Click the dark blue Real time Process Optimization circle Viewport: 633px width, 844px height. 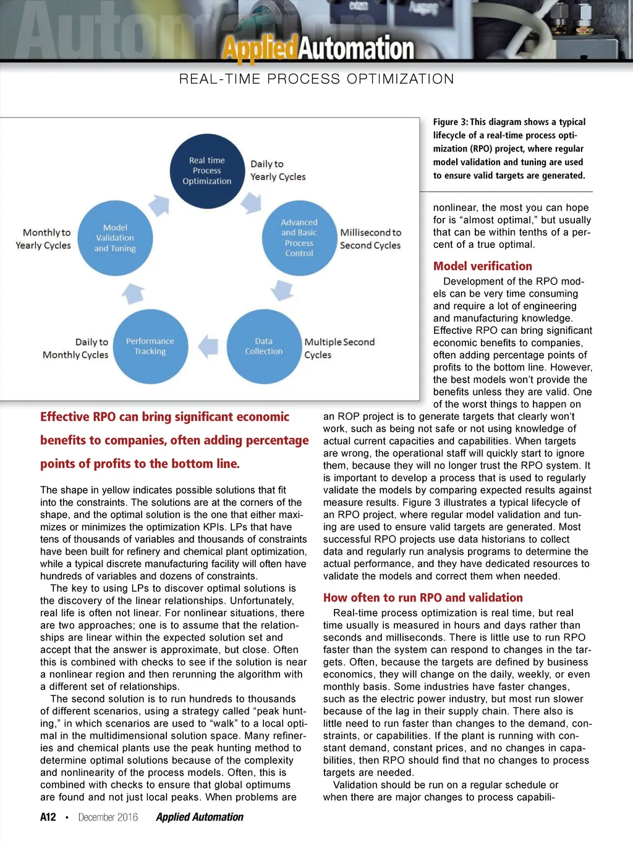(x=207, y=171)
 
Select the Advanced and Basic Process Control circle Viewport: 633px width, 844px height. (x=299, y=238)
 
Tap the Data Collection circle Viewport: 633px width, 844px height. (x=263, y=346)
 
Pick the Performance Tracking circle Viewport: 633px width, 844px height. (x=150, y=346)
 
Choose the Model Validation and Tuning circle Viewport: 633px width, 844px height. (x=115, y=238)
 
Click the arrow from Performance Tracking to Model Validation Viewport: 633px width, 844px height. (x=133, y=293)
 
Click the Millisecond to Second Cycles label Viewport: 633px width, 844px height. (x=370, y=239)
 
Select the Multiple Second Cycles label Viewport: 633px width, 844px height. (x=339, y=348)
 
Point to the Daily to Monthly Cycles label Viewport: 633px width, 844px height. (x=76, y=348)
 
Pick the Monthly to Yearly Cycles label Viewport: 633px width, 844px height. (x=44, y=239)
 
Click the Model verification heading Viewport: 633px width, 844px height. (x=482, y=266)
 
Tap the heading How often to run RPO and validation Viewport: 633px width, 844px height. (x=423, y=597)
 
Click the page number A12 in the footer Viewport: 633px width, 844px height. (x=48, y=817)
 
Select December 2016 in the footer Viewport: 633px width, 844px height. (x=108, y=817)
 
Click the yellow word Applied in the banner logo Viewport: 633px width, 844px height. (x=260, y=48)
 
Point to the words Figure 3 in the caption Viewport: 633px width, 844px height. (x=449, y=122)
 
